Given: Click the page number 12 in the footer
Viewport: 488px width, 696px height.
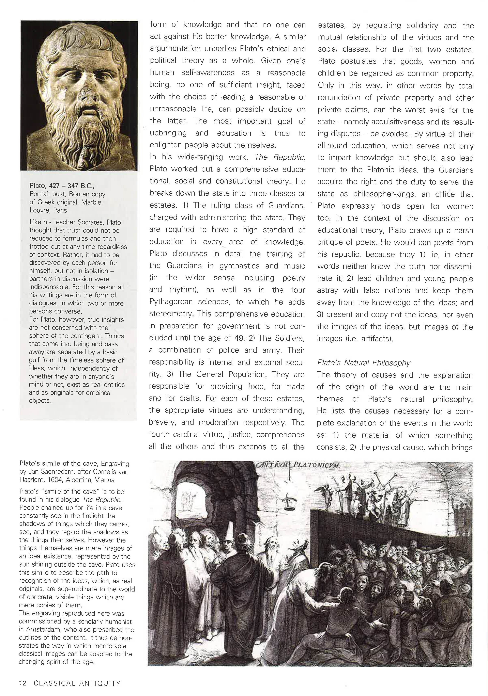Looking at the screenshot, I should pos(23,683).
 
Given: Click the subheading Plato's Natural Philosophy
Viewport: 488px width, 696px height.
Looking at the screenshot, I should pos(363,363).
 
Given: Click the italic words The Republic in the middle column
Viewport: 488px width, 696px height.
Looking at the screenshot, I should pos(280,157).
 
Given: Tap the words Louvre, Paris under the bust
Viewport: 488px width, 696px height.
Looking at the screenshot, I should pos(48,210).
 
